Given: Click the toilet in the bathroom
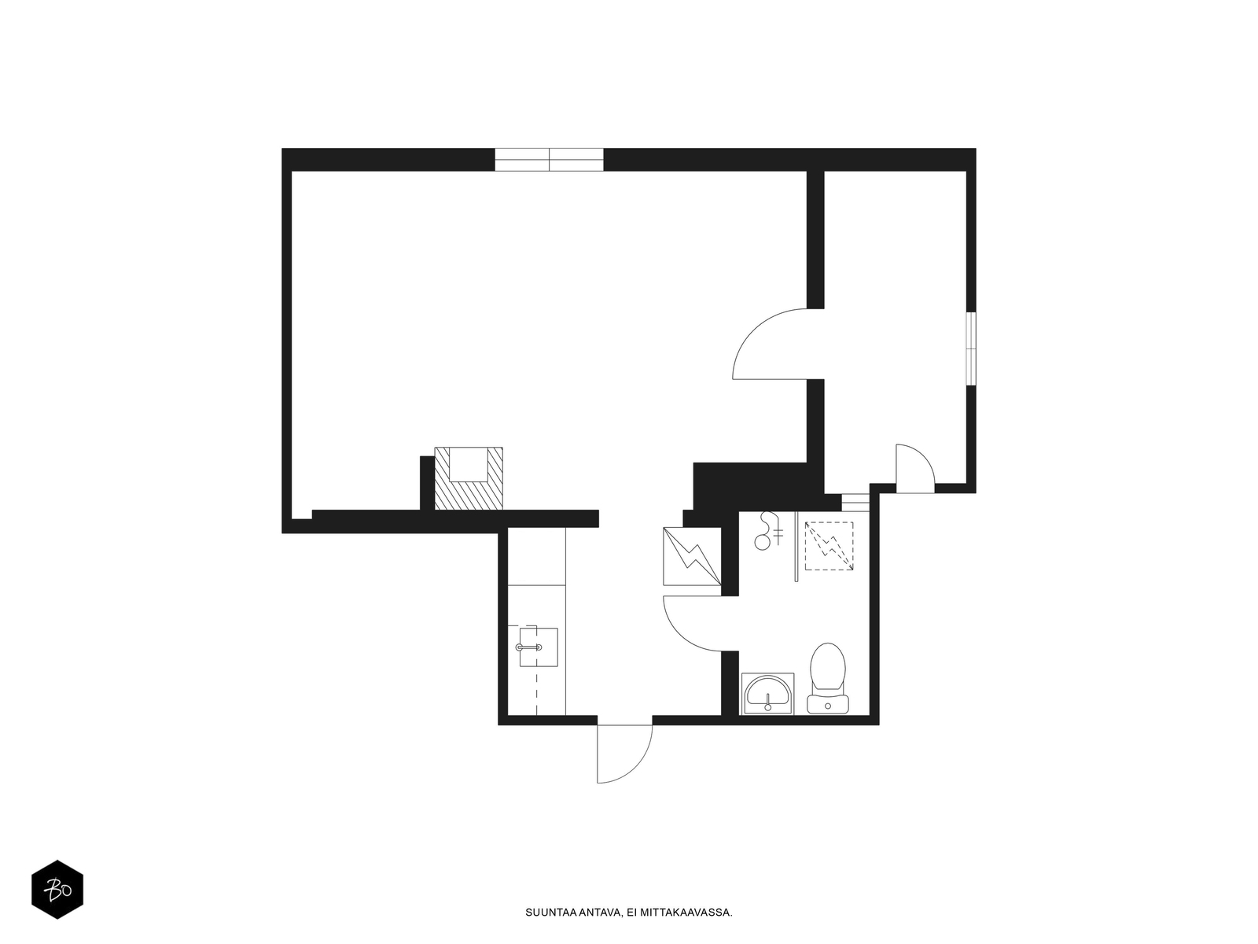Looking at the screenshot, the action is pos(828,678).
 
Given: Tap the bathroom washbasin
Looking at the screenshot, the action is pos(767,694).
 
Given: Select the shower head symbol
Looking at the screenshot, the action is pos(769,531).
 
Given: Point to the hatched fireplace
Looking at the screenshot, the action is pos(469,478).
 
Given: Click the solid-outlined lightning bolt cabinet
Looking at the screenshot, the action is pos(692,556).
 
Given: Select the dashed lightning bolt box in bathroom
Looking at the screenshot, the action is pos(829,546).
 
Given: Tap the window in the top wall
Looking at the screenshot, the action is pos(549,160).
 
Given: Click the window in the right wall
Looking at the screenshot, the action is pos(971,348).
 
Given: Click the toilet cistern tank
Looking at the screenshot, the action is pos(828,704).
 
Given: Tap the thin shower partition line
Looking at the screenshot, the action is pos(796,547).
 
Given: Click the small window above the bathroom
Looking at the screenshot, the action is pos(855,502).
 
